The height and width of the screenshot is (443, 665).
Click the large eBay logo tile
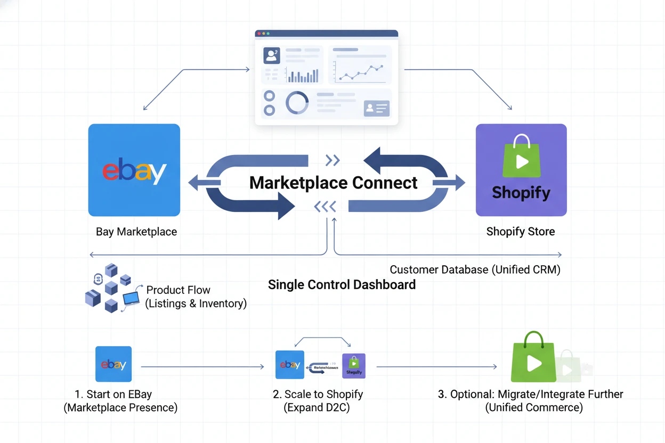click(134, 170)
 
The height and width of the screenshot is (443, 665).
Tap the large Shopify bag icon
click(521, 157)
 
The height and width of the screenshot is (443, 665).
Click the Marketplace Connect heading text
click(334, 183)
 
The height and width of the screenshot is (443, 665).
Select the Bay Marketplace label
click(136, 232)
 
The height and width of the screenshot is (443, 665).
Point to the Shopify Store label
click(521, 232)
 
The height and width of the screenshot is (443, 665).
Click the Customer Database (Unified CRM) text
click(475, 269)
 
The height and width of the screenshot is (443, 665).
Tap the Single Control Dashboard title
click(342, 284)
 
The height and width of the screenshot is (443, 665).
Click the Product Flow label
click(178, 290)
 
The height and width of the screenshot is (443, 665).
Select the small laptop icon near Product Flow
click(131, 299)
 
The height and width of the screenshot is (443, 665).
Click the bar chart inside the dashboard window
click(303, 75)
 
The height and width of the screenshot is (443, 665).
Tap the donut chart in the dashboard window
click(297, 103)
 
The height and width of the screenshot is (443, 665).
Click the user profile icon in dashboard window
click(272, 55)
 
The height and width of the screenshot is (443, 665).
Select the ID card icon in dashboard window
click(377, 109)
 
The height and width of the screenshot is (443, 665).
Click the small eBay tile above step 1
click(113, 364)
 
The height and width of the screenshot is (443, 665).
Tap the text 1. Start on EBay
click(113, 395)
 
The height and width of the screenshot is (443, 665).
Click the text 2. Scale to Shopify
click(318, 395)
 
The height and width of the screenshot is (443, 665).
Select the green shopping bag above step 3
click(533, 359)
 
